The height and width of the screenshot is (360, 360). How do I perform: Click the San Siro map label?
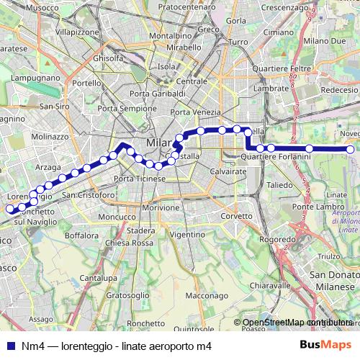click(x=54, y=106)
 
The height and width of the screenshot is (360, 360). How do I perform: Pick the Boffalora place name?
click(x=81, y=235)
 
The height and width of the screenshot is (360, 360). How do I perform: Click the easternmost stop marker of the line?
click(x=351, y=150)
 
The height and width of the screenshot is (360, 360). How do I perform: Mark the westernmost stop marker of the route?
click(x=11, y=210)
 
